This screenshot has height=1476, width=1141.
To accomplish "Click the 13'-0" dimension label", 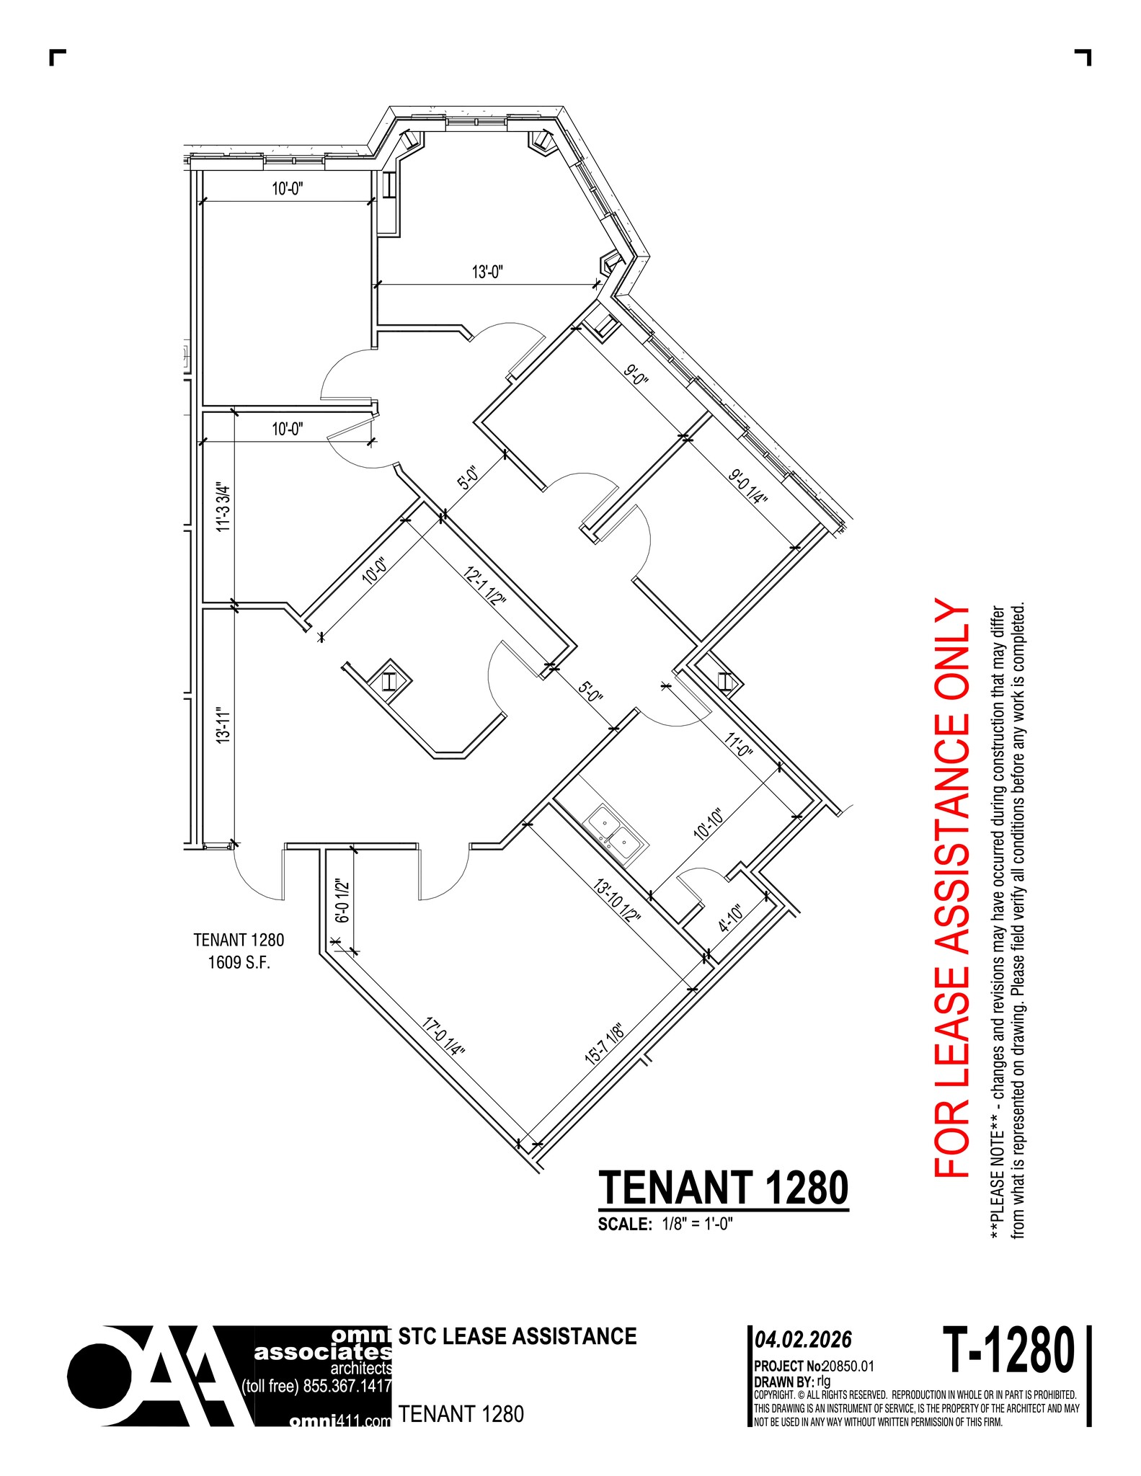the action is point(487,272).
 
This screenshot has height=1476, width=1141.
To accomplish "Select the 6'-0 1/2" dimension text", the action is point(343,901).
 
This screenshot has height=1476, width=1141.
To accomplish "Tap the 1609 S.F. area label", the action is point(239,962).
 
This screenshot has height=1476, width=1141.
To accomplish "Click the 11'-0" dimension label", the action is point(738,739).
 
